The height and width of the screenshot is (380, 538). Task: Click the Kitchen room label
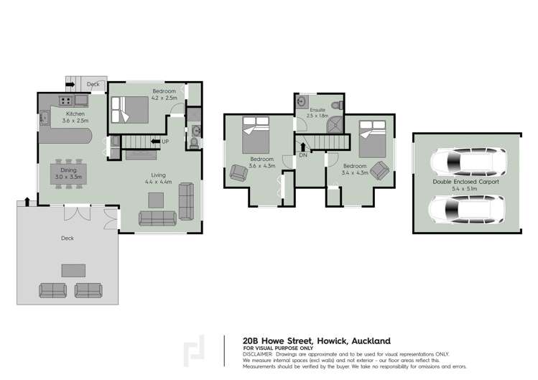click(75, 113)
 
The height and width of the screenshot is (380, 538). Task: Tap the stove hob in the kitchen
click(66, 101)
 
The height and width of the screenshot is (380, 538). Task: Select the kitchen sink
click(45, 117)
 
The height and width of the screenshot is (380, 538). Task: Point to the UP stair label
click(165, 142)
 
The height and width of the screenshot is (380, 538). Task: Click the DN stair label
click(302, 154)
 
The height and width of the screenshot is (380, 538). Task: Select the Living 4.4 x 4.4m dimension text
click(158, 182)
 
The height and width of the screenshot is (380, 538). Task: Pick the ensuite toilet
click(339, 105)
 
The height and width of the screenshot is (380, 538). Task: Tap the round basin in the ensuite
click(302, 101)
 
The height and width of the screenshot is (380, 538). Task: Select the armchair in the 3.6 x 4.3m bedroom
click(238, 172)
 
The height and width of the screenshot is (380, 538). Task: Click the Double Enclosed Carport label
click(465, 182)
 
